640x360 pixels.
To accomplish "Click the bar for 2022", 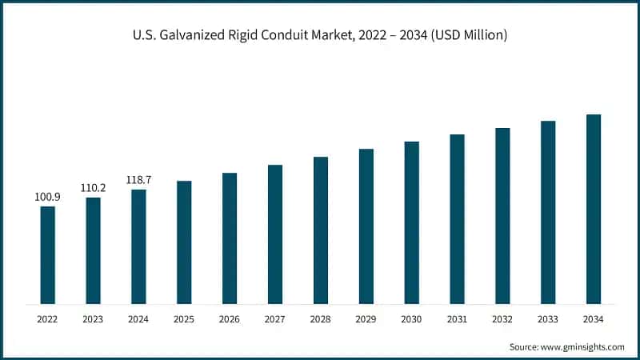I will pos(48,255).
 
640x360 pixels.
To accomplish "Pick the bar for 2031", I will pos(457,219).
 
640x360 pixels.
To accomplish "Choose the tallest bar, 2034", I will pos(594,209).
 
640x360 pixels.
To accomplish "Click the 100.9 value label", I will pos(48,196).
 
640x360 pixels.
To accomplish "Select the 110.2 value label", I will pos(94,187).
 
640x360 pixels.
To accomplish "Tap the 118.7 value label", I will pos(139,179).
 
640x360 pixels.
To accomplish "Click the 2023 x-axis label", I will pos(94,319).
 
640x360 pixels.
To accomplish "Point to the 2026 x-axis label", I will pos(230,319).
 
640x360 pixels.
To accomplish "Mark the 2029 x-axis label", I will pos(366,319).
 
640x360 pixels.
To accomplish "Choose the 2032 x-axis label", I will pos(502,319).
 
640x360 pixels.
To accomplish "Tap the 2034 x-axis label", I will pos(594,319).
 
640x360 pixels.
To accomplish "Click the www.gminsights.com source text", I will pos(583,346).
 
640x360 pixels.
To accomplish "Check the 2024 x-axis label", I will pos(139,319).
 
